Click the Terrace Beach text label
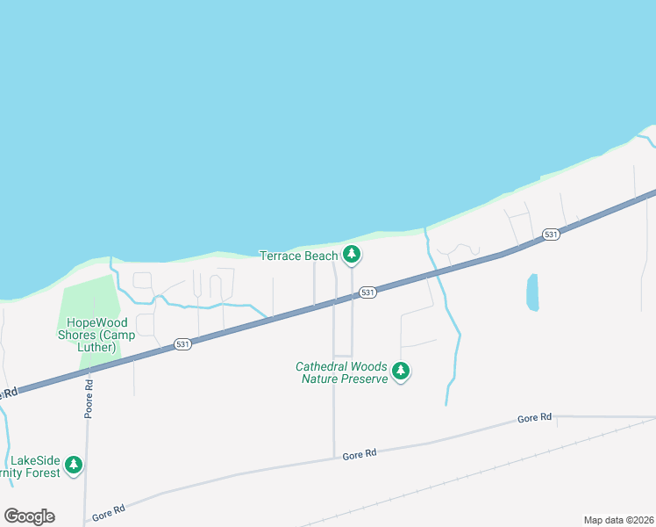tap(298, 256)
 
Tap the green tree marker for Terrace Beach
tap(352, 255)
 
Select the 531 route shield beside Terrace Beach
tap(367, 292)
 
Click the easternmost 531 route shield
tap(550, 235)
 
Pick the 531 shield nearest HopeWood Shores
tap(182, 343)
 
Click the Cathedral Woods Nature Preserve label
tap(341, 372)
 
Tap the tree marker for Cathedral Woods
tap(401, 372)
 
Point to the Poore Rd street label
tap(89, 399)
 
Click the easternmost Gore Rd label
tap(534, 418)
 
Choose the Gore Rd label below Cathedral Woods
tap(360, 454)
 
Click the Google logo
tap(29, 516)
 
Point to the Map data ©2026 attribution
tap(618, 520)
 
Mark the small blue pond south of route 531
tap(532, 292)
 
